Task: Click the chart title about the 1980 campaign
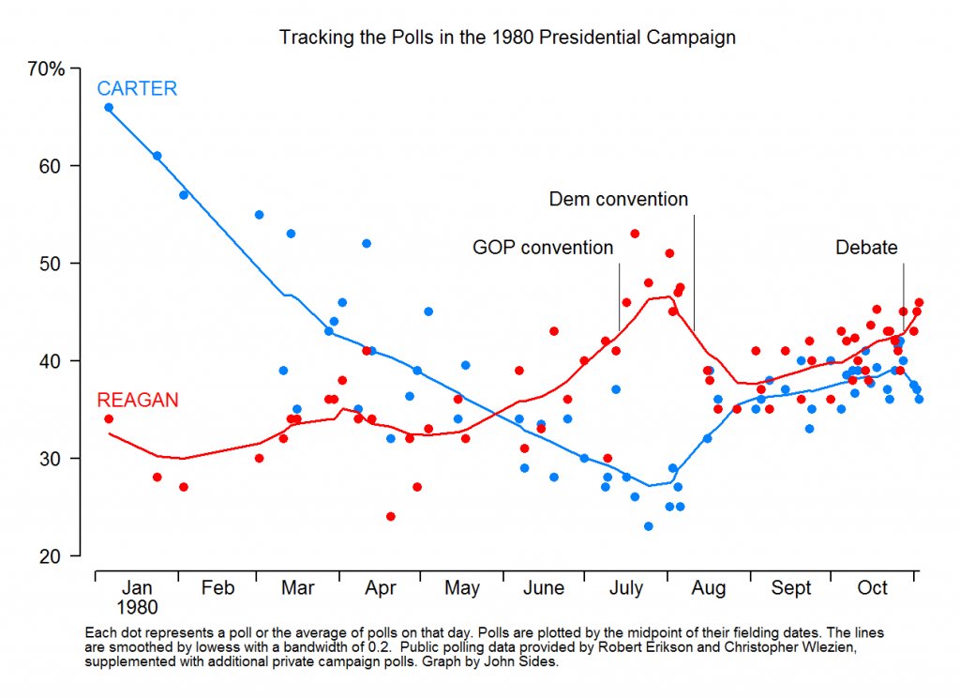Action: (507, 38)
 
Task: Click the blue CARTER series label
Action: (137, 89)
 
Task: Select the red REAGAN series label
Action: (138, 401)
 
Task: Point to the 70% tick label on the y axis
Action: (46, 68)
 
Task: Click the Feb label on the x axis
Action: (217, 588)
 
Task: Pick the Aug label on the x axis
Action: (709, 588)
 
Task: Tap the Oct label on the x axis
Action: (873, 588)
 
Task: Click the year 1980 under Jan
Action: (137, 608)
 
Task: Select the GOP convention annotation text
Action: (543, 248)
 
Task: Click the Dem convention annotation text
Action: (618, 199)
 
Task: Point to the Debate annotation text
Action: (866, 248)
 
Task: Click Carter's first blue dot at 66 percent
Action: (109, 107)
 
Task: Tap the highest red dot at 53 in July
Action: (635, 234)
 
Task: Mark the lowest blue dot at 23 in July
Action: (648, 526)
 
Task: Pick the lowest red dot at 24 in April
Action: (390, 516)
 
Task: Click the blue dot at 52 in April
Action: (367, 244)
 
